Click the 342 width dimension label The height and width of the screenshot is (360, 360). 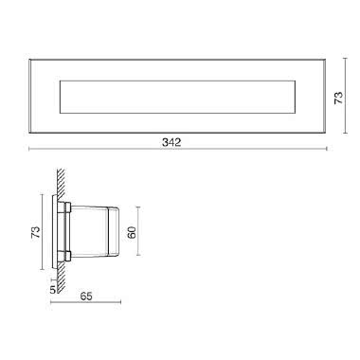pyautogui.click(x=171, y=142)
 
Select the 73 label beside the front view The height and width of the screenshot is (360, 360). pyautogui.click(x=338, y=98)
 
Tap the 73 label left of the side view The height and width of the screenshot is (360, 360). pyautogui.click(x=36, y=232)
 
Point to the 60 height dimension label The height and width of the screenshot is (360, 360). pyautogui.click(x=133, y=232)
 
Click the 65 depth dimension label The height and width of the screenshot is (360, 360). pyautogui.click(x=86, y=296)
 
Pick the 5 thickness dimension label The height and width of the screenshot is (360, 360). pyautogui.click(x=53, y=289)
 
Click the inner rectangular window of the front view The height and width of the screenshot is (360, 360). pyautogui.click(x=177, y=97)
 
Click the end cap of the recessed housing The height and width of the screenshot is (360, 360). pyautogui.click(x=114, y=231)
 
